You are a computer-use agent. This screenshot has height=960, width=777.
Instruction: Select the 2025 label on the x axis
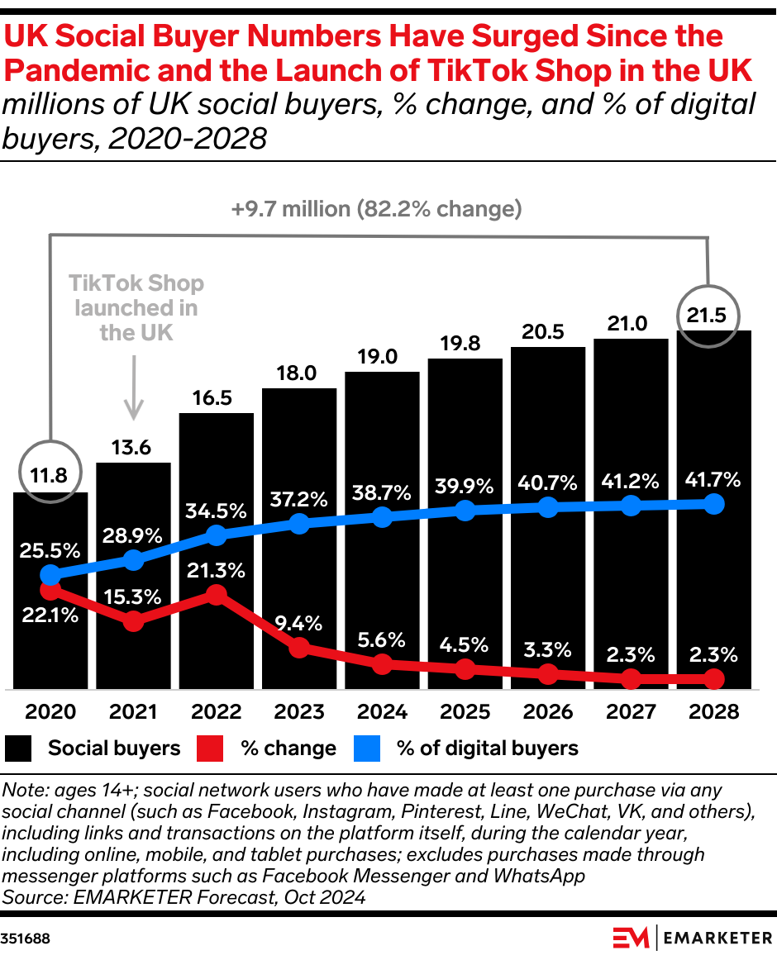click(x=465, y=711)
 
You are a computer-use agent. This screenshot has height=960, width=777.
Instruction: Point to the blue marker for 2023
click(x=299, y=523)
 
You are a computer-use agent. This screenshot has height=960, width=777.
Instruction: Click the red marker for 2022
click(x=217, y=595)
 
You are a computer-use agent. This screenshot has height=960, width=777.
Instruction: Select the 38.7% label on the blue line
click(x=382, y=493)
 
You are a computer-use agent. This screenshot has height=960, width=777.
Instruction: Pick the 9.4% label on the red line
click(x=299, y=624)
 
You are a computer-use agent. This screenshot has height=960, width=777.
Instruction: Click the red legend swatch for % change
click(x=210, y=749)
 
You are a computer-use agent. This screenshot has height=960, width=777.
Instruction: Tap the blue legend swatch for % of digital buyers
click(x=367, y=749)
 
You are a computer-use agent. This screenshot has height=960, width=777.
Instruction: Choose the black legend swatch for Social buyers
click(x=18, y=749)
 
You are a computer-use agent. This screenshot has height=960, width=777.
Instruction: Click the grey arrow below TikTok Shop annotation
click(x=133, y=388)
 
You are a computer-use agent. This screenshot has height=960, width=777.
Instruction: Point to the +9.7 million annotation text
click(x=377, y=209)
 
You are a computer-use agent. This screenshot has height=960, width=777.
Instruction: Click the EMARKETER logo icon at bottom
click(x=631, y=938)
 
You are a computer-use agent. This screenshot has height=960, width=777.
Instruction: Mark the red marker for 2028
click(x=713, y=679)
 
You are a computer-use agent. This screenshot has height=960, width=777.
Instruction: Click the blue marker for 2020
click(x=50, y=575)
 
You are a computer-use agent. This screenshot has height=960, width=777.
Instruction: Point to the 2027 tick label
click(x=630, y=711)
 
